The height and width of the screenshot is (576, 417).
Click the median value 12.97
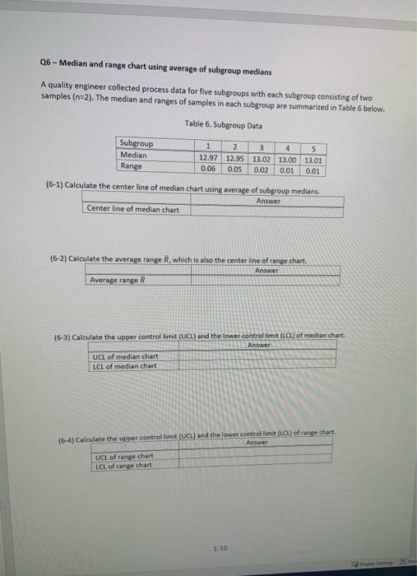209,156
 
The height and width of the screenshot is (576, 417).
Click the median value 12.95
235,157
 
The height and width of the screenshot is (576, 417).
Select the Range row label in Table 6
131,165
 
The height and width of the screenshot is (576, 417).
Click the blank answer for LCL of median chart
263,366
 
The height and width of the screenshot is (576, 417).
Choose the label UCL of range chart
124,457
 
